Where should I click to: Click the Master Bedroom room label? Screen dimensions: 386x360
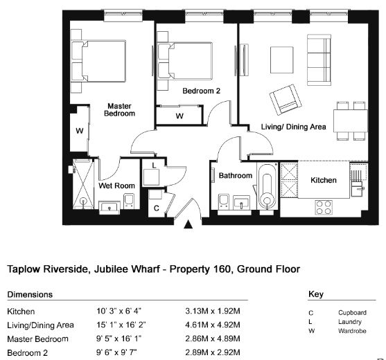119,109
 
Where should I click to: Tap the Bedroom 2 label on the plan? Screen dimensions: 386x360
202,91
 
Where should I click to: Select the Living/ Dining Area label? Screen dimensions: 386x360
293,127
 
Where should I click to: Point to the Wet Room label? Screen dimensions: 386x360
116,186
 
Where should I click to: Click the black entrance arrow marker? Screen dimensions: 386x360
188,224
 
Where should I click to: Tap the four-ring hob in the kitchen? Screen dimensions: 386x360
324,208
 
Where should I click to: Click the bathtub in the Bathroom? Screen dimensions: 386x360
267,186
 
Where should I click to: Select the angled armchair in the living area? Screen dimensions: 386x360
286,100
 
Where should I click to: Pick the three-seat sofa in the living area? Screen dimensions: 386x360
319,60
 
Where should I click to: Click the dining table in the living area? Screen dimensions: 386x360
351,120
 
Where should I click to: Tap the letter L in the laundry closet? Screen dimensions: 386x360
154,165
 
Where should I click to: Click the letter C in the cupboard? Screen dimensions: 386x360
157,208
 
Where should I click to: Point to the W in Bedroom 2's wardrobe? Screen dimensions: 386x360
179,116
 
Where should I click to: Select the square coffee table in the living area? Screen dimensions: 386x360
282,60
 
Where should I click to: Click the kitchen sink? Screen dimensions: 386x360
357,189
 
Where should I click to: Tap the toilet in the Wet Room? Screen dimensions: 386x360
129,200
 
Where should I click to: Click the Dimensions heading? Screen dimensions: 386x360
30,295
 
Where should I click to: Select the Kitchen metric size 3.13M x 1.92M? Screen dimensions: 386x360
213,311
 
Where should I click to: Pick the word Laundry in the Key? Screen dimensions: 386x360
350,322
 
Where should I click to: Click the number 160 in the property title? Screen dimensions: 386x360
223,269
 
